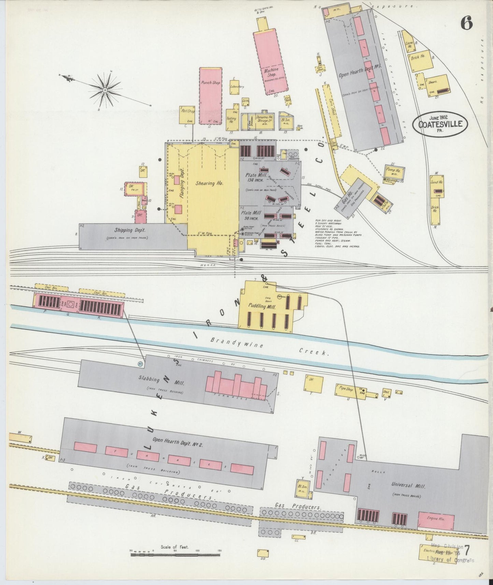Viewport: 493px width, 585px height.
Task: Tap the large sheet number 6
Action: coord(466,24)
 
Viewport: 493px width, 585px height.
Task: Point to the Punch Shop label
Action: coord(211,83)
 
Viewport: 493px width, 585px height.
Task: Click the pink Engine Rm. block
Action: coord(436,520)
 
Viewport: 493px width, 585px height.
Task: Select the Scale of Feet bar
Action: coord(176,555)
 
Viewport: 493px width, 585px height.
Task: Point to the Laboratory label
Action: coord(237,87)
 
